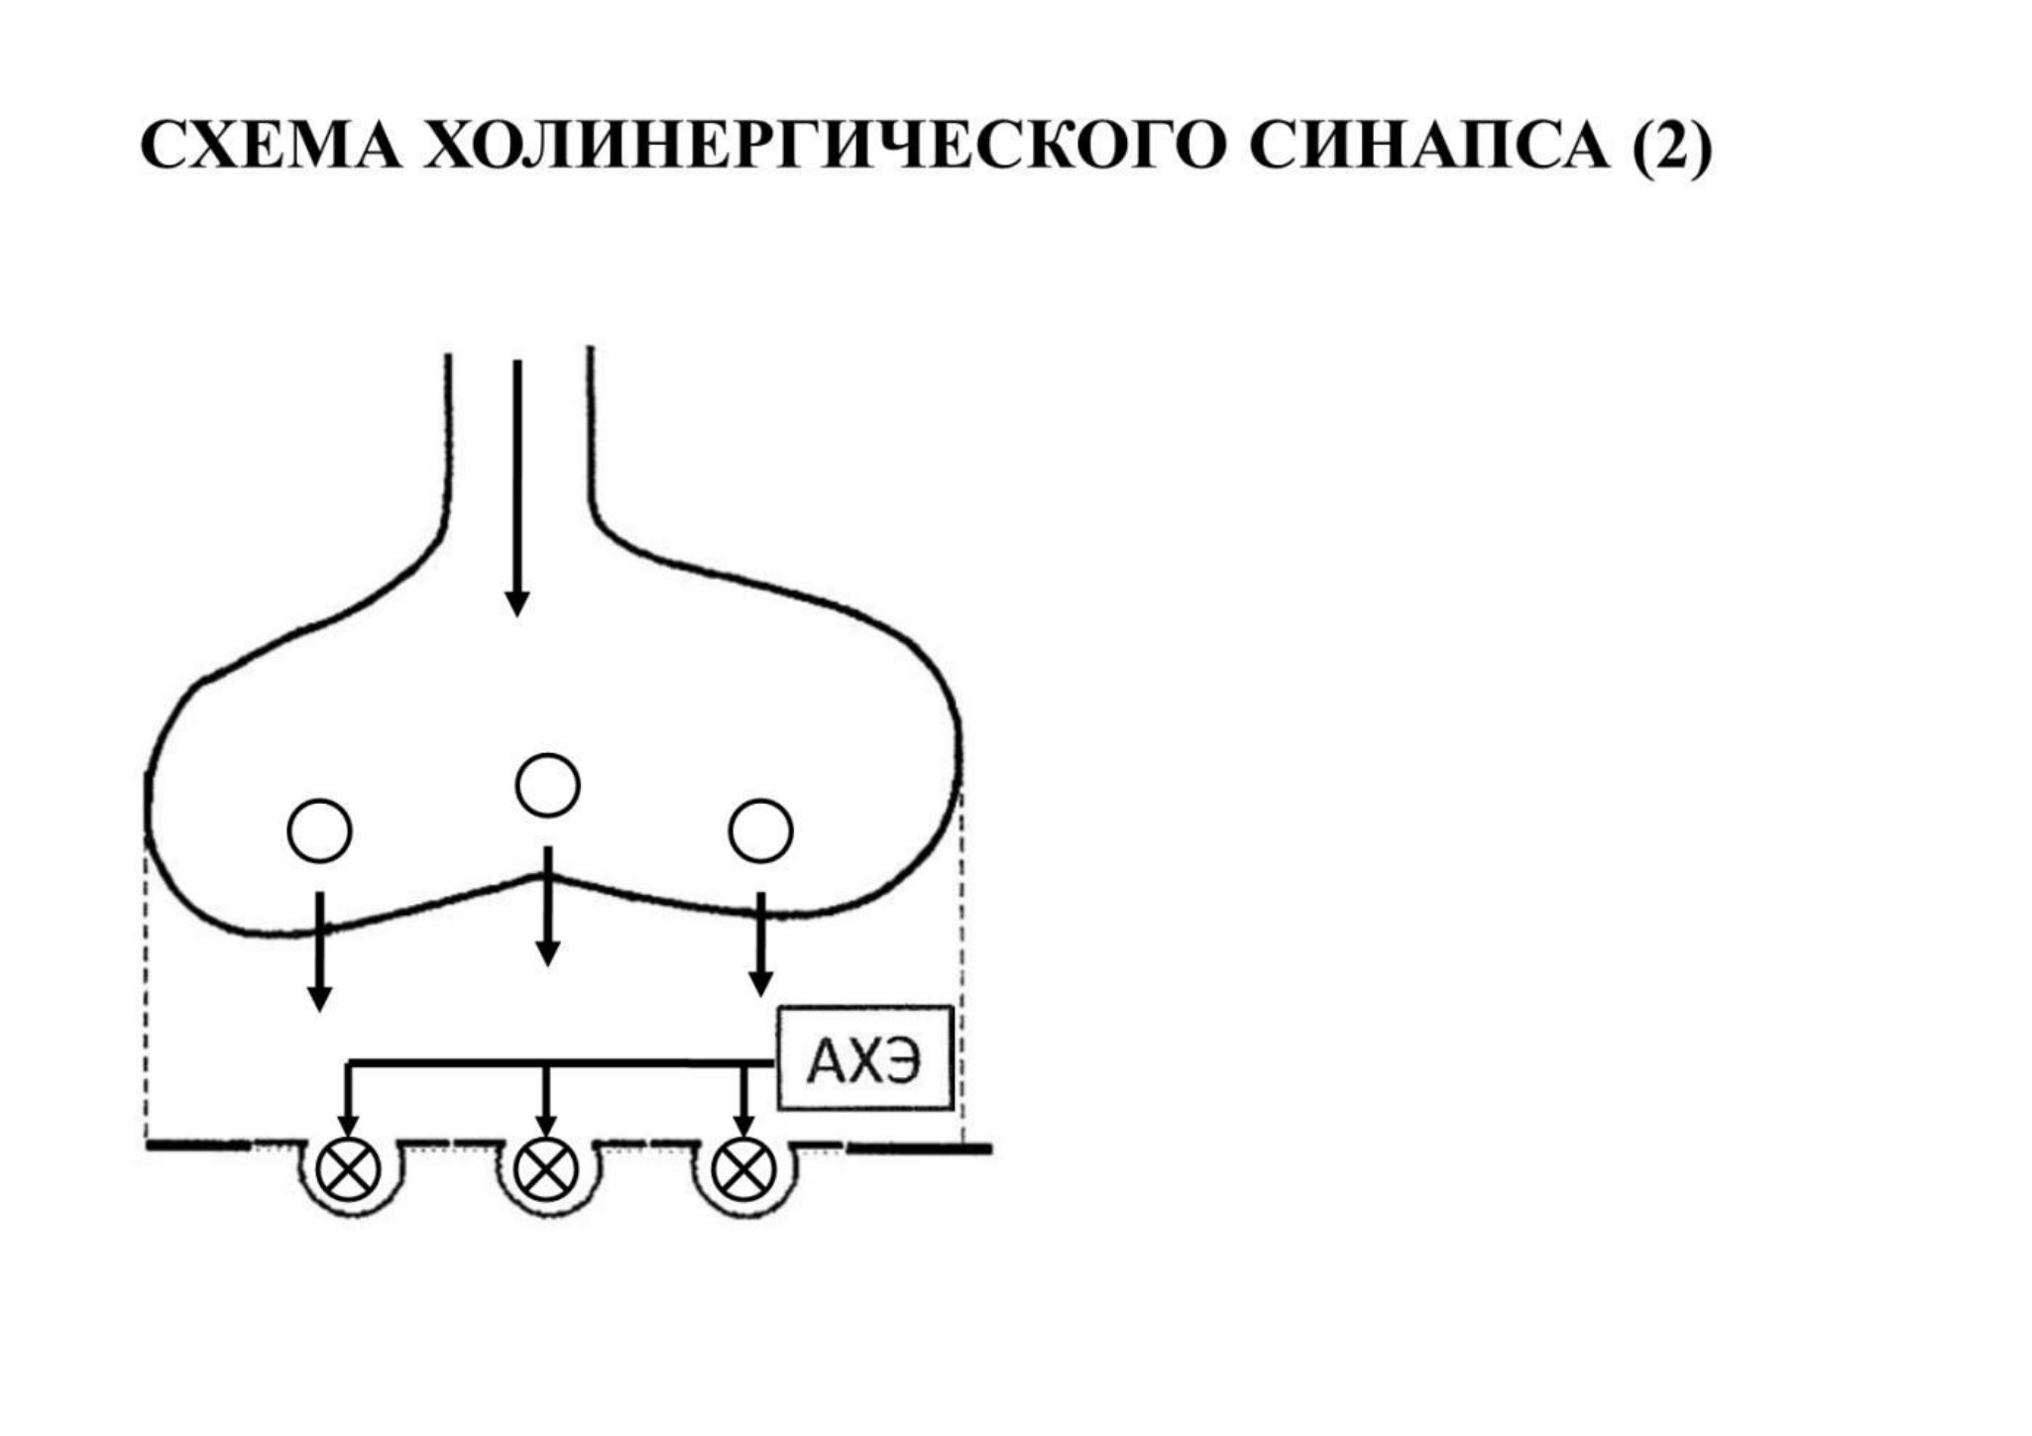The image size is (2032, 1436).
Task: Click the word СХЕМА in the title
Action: [272, 146]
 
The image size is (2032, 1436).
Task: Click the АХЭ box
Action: [865, 1057]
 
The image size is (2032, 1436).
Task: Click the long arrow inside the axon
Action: [517, 488]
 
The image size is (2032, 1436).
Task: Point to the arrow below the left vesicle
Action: [319, 951]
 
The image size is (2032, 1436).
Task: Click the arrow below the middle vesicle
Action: [547, 906]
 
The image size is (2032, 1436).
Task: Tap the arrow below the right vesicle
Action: [760, 944]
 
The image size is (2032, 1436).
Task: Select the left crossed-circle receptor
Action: [349, 1169]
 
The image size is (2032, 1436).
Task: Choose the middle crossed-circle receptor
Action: [546, 1169]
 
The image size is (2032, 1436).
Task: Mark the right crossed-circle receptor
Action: [743, 1169]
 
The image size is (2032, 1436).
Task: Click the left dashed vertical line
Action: [147, 991]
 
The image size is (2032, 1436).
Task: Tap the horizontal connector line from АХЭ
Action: [561, 1063]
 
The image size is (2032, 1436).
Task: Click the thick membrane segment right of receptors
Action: [919, 1149]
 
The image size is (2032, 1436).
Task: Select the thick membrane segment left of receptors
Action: [198, 1146]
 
